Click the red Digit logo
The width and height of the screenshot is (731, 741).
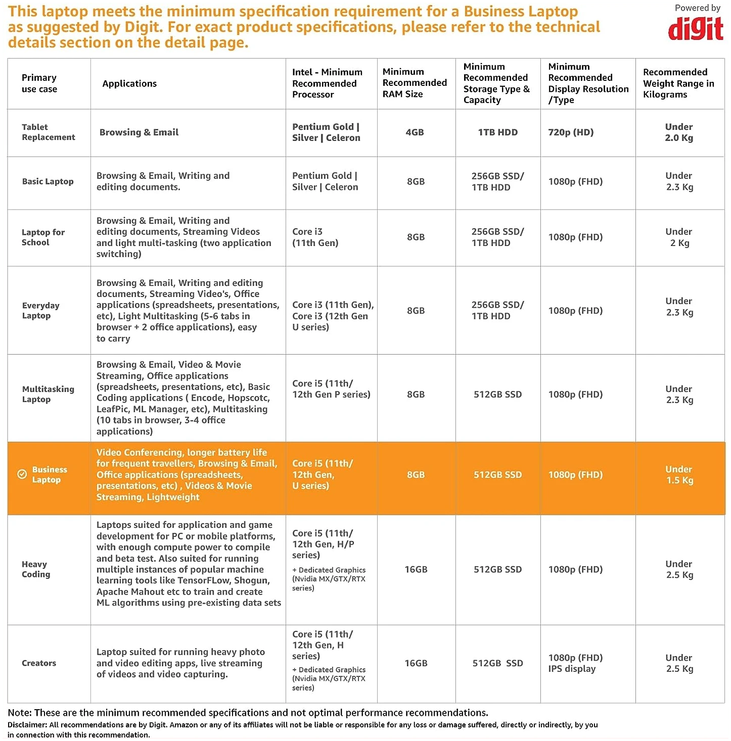[x=696, y=29]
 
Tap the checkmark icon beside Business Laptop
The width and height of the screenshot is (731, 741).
[x=22, y=474]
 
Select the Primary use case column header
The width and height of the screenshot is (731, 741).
[x=39, y=83]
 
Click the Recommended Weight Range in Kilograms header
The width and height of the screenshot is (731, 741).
[x=678, y=83]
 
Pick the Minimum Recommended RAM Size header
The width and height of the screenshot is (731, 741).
[x=415, y=83]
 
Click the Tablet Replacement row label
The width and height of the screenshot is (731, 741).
[x=48, y=132]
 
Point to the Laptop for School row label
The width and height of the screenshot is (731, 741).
[x=43, y=237]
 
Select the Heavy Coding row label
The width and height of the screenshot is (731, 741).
[x=36, y=569]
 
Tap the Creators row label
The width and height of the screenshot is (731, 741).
[x=39, y=663]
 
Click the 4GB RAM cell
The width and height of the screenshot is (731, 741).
[x=415, y=132]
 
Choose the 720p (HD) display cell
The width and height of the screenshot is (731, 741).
[x=571, y=132]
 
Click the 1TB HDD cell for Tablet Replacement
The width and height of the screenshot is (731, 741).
[x=497, y=132]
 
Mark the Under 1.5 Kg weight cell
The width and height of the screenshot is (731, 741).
[x=679, y=475]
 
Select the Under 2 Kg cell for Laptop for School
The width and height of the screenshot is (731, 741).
[x=679, y=237]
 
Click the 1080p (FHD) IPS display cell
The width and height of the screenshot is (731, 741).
[x=575, y=663]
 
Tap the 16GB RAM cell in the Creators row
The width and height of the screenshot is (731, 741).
[x=416, y=663]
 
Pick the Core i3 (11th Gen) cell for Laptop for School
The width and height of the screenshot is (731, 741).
[x=315, y=237]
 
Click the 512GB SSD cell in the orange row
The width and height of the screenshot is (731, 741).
[x=497, y=475]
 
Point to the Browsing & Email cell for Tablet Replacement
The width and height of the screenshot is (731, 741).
[x=139, y=132]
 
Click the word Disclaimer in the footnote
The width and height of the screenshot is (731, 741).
[x=27, y=725]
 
